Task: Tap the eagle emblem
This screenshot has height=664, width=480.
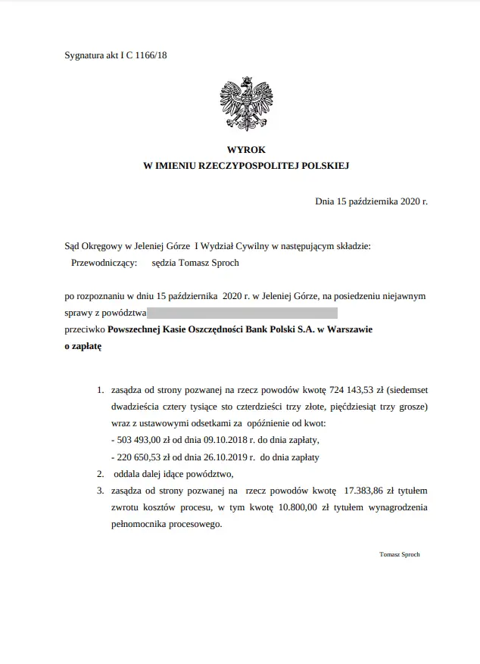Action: (245, 102)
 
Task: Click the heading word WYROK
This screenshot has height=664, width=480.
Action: (246, 150)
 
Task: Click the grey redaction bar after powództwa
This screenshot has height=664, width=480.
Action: (242, 312)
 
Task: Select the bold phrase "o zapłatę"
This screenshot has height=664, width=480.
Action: (83, 346)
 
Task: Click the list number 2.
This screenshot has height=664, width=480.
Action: (100, 474)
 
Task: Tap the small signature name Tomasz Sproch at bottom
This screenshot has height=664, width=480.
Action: (399, 554)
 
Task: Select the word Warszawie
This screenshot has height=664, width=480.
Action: (349, 330)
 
